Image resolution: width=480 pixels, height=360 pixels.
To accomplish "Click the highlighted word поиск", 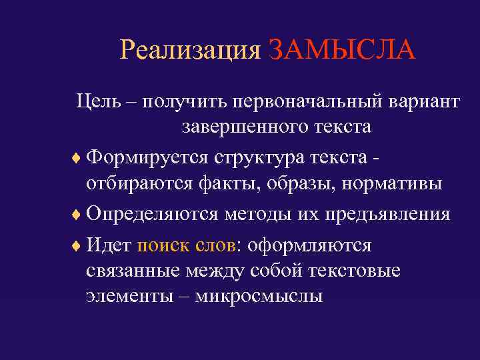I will pos(160,245).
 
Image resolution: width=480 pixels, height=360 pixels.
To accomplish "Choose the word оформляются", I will pos(309,245).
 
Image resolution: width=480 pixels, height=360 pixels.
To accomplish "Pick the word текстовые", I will pos(357,271).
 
